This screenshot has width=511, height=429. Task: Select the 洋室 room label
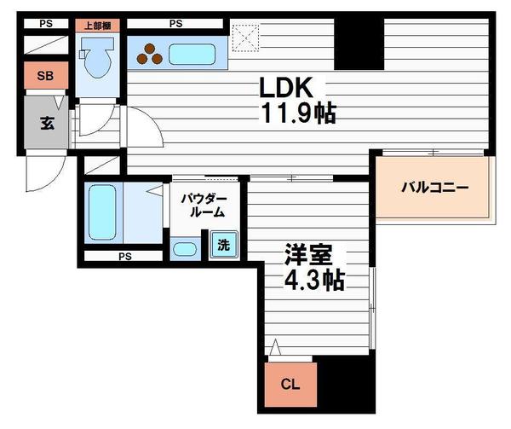(308, 256)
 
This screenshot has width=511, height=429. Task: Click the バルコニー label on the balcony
(435, 188)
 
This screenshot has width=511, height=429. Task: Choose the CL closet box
(290, 384)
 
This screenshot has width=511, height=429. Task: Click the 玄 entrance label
(44, 122)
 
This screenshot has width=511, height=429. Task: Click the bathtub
(101, 212)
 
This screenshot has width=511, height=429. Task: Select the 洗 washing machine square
(223, 245)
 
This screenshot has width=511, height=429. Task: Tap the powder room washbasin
(185, 250)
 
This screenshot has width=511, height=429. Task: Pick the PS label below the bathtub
(124, 255)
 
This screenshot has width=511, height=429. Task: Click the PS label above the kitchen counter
(176, 24)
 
